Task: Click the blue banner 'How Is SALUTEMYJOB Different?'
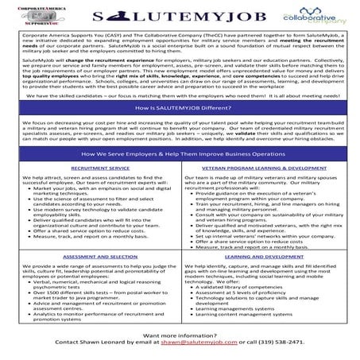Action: (180, 106)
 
